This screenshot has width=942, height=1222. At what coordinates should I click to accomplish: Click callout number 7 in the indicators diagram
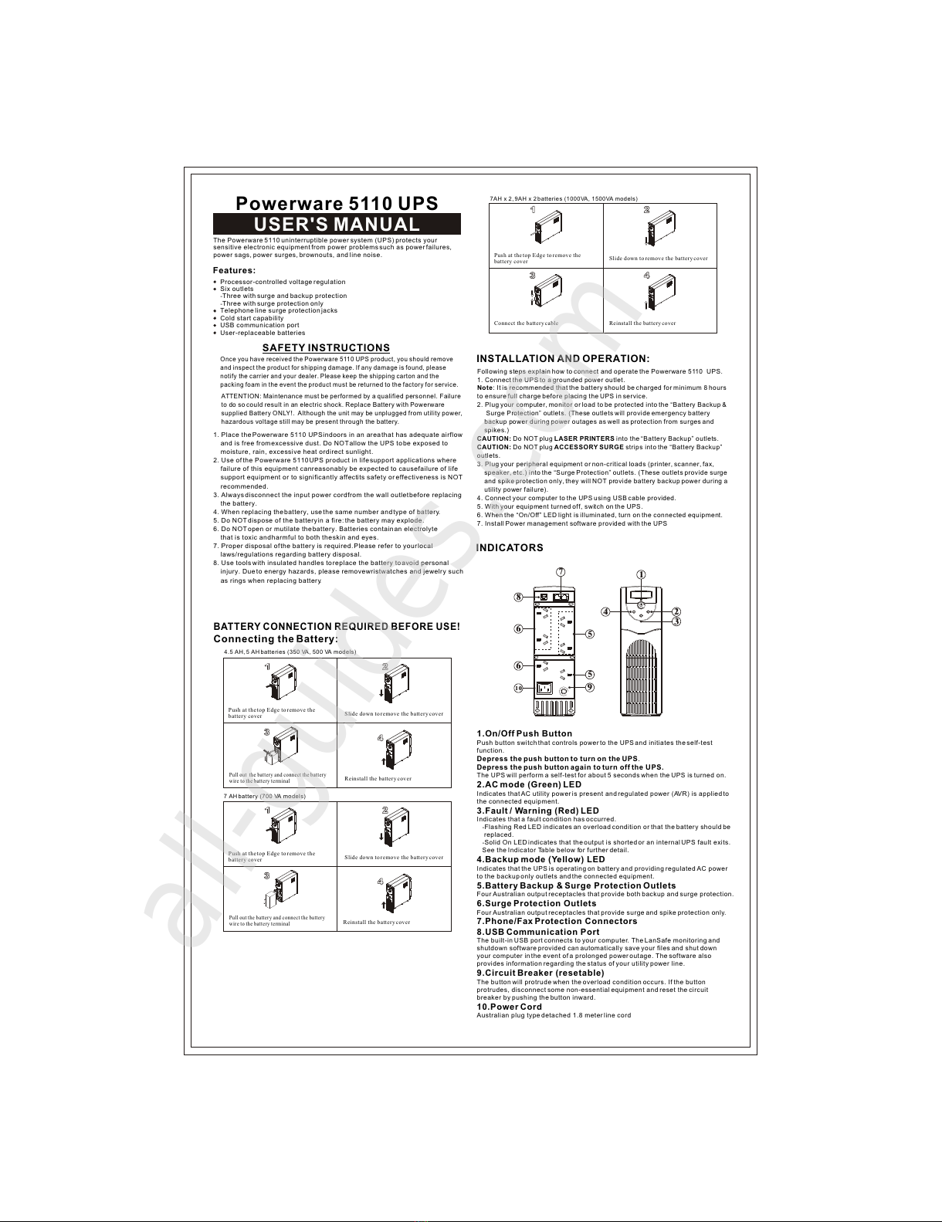tap(561, 571)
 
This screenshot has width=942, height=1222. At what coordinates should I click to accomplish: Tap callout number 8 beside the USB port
tap(519, 597)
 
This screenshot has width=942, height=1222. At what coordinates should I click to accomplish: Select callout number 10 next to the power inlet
tap(519, 688)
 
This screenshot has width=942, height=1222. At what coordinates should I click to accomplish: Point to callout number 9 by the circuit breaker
tap(589, 687)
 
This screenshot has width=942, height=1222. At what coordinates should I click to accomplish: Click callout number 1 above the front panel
tap(641, 574)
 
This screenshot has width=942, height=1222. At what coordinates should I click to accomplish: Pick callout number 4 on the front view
tap(606, 611)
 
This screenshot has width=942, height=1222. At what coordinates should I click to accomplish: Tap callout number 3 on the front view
tap(676, 621)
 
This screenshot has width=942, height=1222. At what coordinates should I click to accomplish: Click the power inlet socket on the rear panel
tap(545, 689)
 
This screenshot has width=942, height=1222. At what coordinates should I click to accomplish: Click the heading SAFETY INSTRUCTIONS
tap(326, 348)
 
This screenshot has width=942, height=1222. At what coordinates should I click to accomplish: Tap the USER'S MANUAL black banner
tap(337, 225)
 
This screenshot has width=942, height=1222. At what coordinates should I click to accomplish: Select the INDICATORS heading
tap(510, 548)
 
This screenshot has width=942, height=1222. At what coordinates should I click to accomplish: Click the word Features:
tap(234, 270)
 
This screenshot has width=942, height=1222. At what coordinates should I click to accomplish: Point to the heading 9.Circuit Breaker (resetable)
tap(540, 973)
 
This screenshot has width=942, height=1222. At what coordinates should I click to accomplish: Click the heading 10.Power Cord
tap(509, 1007)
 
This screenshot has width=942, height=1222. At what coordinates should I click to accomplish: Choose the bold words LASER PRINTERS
tap(585, 438)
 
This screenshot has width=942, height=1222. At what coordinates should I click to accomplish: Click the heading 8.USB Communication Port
tap(537, 932)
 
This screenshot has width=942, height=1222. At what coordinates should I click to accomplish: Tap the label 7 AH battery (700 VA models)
tap(264, 796)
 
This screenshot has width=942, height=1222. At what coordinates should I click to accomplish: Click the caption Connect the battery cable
tap(526, 323)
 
